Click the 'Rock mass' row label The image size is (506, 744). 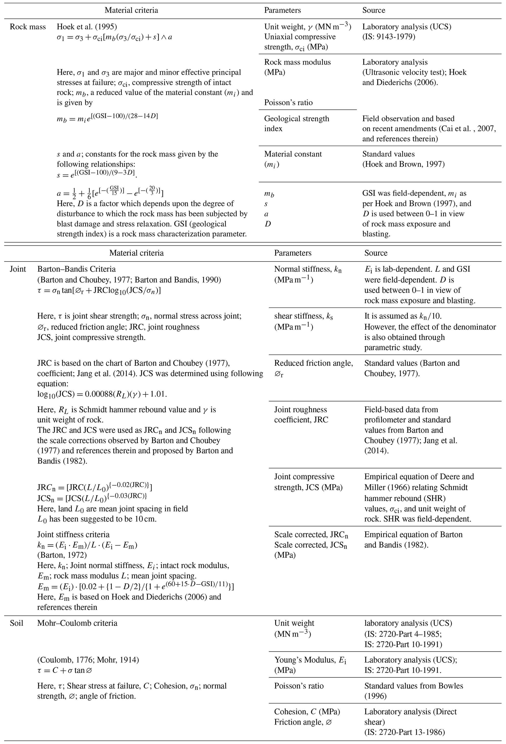28,27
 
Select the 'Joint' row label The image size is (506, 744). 18,269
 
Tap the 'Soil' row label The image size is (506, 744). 16,623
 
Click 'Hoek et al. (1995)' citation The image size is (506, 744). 87,27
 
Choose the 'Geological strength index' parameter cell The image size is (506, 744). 296,124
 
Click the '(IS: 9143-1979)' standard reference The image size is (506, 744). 388,37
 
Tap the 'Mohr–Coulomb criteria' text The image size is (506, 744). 77,623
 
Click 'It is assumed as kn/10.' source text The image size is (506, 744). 402,316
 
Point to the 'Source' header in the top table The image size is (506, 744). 373,10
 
